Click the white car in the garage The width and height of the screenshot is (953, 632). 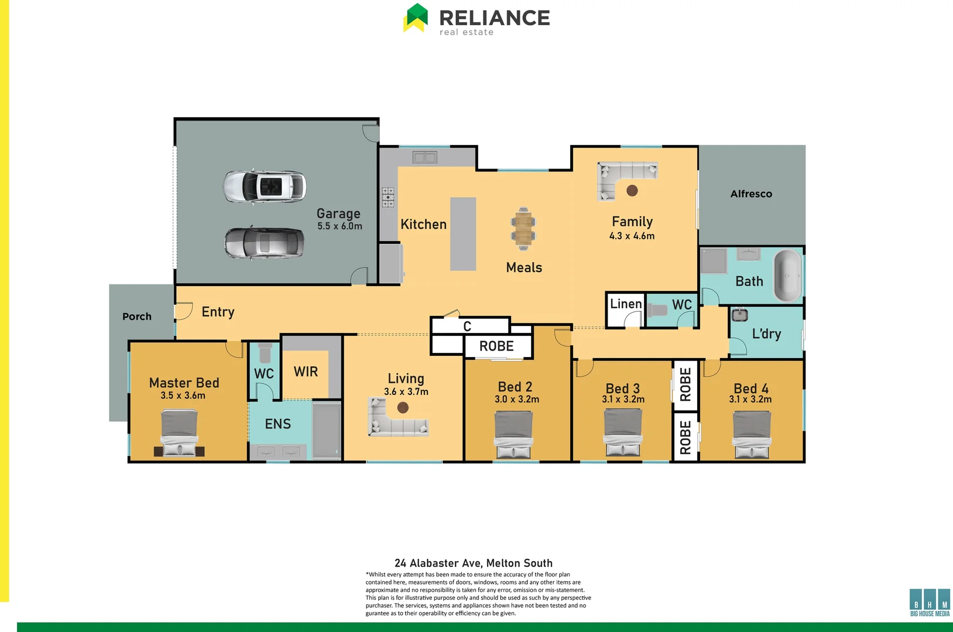[x=265, y=187]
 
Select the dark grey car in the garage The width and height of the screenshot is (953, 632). [x=265, y=243]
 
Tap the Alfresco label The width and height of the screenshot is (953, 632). [x=751, y=194]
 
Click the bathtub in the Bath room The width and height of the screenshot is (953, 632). [x=787, y=275]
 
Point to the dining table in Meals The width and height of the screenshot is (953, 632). [x=523, y=228]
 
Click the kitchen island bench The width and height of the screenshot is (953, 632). [x=462, y=233]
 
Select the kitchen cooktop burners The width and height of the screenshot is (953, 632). [x=388, y=197]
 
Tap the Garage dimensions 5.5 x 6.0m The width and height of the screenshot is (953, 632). [x=340, y=226]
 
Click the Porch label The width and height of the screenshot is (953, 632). [x=137, y=317]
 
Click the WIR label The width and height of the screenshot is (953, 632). [x=306, y=372]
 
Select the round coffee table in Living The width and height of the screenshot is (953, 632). [x=403, y=407]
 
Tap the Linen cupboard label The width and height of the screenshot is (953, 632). [x=626, y=304]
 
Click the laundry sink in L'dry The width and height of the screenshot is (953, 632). [x=740, y=315]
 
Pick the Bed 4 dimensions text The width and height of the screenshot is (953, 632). [x=750, y=400]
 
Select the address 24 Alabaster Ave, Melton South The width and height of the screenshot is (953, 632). [x=473, y=563]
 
